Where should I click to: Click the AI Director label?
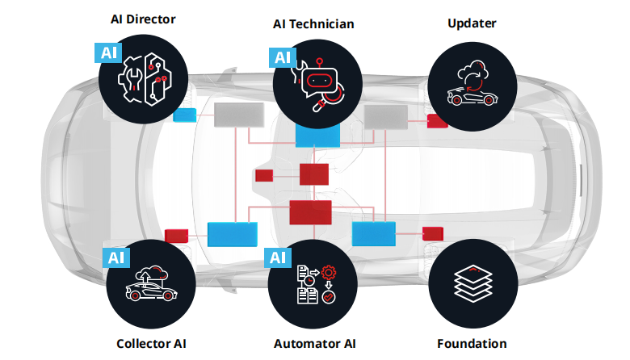pyautogui.click(x=143, y=19)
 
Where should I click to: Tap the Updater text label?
pyautogui.click(x=472, y=23)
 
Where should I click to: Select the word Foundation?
pyautogui.click(x=472, y=343)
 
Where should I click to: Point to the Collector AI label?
pyautogui.click(x=151, y=343)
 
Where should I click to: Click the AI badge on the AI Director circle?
pyautogui.click(x=108, y=53)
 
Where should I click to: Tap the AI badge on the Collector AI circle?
pyautogui.click(x=116, y=257)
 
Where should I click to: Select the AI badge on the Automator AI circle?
pyautogui.click(x=278, y=257)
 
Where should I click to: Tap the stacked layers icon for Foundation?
pyautogui.click(x=472, y=283)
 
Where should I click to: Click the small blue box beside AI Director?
pyautogui.click(x=185, y=115)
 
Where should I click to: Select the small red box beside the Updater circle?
pyautogui.click(x=437, y=121)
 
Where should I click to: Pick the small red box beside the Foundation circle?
pyautogui.click(x=432, y=233)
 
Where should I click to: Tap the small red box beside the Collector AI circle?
pyautogui.click(x=176, y=236)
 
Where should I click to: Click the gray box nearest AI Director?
pyautogui.click(x=239, y=115)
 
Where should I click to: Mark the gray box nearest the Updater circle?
pyautogui.click(x=385, y=117)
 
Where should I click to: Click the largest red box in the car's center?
pyautogui.click(x=311, y=212)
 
